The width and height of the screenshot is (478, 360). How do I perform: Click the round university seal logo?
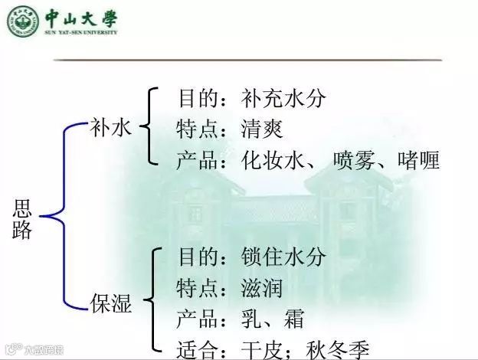coord(21,20)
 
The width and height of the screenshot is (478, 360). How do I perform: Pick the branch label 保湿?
coord(111,305)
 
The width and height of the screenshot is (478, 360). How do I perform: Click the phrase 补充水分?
coord(283,99)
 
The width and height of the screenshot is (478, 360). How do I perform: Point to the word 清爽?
coord(261,129)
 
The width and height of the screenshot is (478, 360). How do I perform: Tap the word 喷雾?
coord(355,162)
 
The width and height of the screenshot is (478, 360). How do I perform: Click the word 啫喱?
coord(418,162)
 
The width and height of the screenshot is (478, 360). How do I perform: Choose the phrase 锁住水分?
coord(283,257)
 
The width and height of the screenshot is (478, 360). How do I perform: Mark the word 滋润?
coord(261,289)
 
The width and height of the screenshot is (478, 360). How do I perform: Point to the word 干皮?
coord(261,351)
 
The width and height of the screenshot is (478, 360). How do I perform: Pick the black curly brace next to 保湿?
coord(155,299)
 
